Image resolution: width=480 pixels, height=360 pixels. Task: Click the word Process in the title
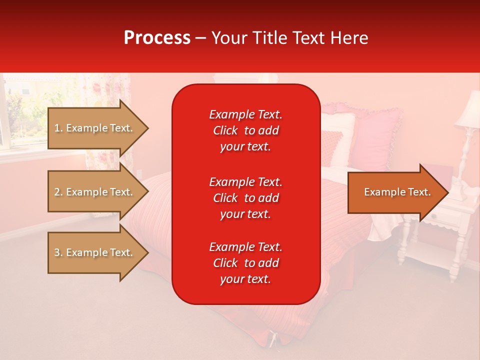(x=157, y=37)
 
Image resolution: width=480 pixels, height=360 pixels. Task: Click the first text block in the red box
(x=245, y=130)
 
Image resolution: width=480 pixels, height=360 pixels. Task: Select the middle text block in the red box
(x=245, y=198)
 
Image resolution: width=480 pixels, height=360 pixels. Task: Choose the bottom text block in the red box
(x=245, y=263)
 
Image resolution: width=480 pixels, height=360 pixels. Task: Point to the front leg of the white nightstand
(x=454, y=255)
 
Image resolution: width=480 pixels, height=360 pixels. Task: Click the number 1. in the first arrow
(x=58, y=128)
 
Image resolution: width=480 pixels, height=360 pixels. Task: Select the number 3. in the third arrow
(x=58, y=252)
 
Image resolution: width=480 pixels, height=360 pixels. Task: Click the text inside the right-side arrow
(x=397, y=192)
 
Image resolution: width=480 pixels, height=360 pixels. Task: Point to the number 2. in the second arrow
(x=58, y=192)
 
